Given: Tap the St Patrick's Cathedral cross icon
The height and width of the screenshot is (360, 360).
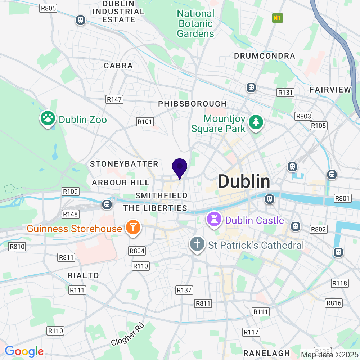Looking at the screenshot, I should [197, 245].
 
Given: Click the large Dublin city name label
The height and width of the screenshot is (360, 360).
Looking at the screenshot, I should [244, 182].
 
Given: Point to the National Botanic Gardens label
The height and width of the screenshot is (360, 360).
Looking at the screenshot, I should [195, 24].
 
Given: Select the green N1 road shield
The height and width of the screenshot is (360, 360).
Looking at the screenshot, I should [277, 18].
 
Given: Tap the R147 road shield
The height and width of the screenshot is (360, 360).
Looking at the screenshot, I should [114, 99].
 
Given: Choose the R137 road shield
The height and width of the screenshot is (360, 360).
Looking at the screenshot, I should [184, 290].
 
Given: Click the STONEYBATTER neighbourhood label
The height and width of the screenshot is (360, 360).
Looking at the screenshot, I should [124, 164].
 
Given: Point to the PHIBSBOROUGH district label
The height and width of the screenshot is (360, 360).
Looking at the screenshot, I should [193, 104].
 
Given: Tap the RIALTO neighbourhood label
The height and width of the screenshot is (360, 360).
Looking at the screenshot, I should [84, 275].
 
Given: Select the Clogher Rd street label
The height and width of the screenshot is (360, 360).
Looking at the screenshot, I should [127, 334].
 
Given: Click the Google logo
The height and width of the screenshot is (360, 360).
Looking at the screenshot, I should [24, 351].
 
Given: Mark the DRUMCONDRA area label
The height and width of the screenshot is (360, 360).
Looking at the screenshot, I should [265, 56].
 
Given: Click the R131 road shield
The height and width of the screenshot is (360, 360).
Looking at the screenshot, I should [285, 93].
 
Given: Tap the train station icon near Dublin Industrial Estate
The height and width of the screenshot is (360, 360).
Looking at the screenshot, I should [81, 20].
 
